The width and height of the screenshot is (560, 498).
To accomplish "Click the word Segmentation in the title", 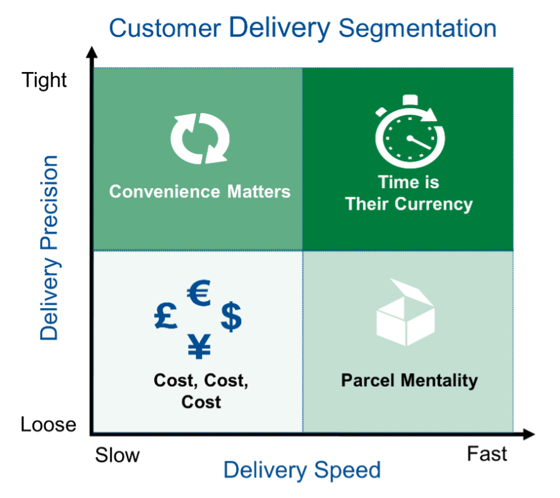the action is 417,29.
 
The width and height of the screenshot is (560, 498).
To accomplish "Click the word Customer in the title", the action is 165,28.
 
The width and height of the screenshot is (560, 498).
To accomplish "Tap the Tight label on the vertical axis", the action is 44,80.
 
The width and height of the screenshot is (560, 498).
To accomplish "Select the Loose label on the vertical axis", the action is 48,424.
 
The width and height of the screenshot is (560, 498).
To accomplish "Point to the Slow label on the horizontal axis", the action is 117,455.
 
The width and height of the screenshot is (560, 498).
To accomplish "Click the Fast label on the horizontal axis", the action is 487,454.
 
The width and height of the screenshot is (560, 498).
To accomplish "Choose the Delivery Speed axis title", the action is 302,470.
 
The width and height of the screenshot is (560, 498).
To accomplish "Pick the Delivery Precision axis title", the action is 49,248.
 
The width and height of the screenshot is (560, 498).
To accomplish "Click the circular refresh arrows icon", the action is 200,138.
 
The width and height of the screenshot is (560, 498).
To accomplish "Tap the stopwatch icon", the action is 410,132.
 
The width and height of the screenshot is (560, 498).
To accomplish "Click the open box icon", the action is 406,312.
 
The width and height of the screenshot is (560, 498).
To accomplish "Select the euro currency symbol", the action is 199,293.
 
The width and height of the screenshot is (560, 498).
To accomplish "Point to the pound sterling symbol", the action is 165,316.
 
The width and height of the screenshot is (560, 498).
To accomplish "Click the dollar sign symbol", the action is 231,316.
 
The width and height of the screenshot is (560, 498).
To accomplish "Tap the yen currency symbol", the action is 200,347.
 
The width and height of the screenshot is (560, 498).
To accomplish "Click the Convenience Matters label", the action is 200,192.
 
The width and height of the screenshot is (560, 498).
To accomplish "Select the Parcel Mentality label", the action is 409,381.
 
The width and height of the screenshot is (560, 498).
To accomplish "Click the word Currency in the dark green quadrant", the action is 434,205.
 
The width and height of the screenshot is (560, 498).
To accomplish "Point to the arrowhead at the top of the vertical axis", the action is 92,52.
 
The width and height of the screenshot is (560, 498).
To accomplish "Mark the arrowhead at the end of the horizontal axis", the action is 528,434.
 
